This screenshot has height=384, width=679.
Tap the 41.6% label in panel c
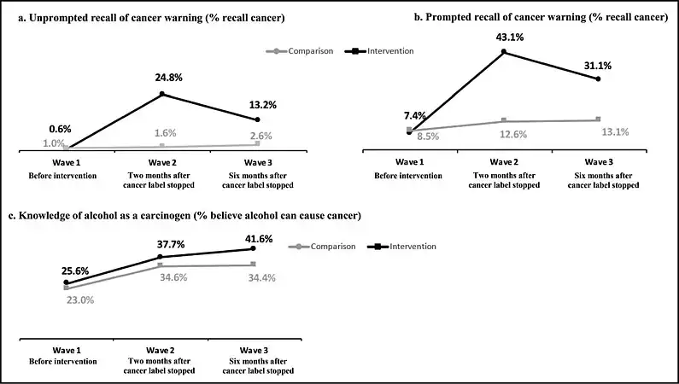coord(258,239)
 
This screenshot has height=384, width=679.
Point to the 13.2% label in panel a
coord(256,105)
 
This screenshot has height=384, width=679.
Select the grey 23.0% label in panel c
coord(79,300)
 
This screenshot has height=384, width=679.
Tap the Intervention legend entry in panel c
coord(405,247)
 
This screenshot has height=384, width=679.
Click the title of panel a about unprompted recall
coord(145,19)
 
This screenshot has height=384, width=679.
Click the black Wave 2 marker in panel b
coord(504,52)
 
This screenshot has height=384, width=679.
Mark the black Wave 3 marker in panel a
coord(256,119)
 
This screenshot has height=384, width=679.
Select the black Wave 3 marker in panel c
coord(265,249)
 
